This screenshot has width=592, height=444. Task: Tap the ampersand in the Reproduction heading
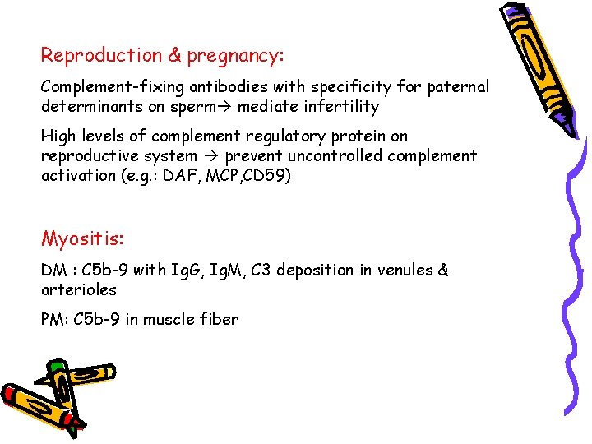click(174, 56)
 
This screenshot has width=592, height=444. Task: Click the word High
click(58, 136)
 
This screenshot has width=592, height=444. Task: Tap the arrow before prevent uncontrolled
click(211, 156)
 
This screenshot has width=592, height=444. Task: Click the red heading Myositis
click(83, 239)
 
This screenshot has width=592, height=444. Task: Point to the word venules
click(403, 271)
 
